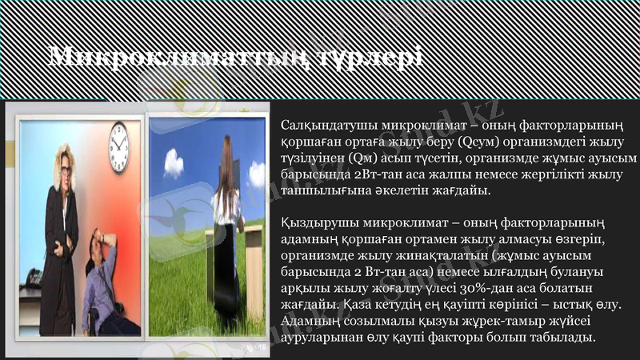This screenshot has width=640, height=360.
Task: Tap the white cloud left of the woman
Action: tap(174, 162)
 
